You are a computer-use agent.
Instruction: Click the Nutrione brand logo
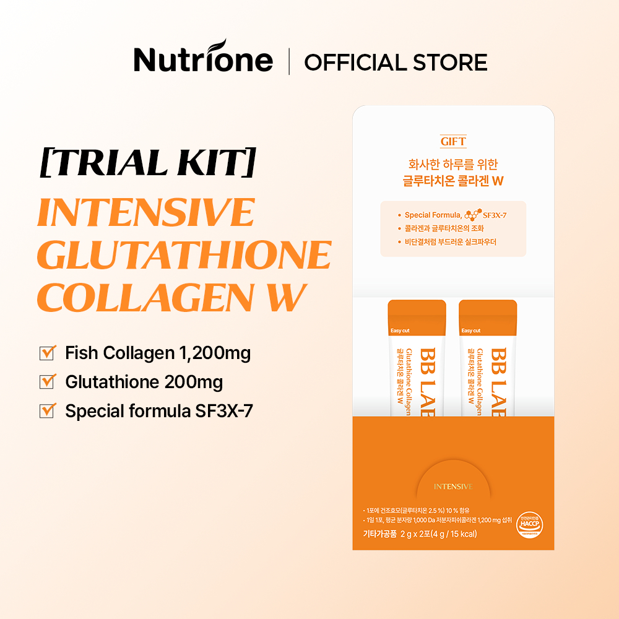(x=203, y=59)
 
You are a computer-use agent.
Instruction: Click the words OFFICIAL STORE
(x=396, y=63)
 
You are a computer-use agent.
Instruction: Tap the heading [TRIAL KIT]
(x=147, y=163)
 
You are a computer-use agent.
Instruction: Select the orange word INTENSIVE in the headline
(x=145, y=212)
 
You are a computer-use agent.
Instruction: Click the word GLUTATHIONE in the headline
(x=184, y=254)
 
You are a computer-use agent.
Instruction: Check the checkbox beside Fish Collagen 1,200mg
(x=47, y=353)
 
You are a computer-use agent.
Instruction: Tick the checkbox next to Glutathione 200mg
(x=47, y=382)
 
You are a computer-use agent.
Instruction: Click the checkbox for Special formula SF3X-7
(x=47, y=411)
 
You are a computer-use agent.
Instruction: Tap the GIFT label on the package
(x=453, y=142)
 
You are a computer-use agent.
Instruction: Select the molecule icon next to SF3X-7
(x=472, y=215)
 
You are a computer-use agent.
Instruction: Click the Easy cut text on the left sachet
(x=400, y=331)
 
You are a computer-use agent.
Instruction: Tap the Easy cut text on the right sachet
(x=471, y=331)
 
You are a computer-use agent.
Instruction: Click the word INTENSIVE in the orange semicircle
(x=453, y=487)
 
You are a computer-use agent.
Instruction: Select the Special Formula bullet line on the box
(x=453, y=215)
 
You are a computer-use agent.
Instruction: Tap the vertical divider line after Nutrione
(x=289, y=63)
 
